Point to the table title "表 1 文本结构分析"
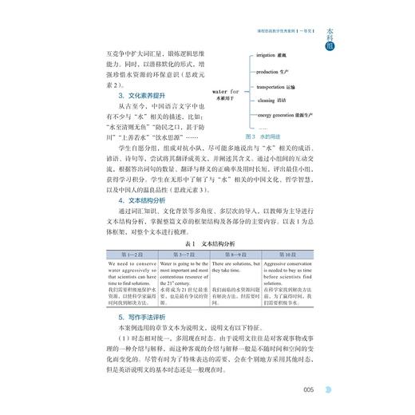[207, 263]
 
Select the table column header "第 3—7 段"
[180, 275]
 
